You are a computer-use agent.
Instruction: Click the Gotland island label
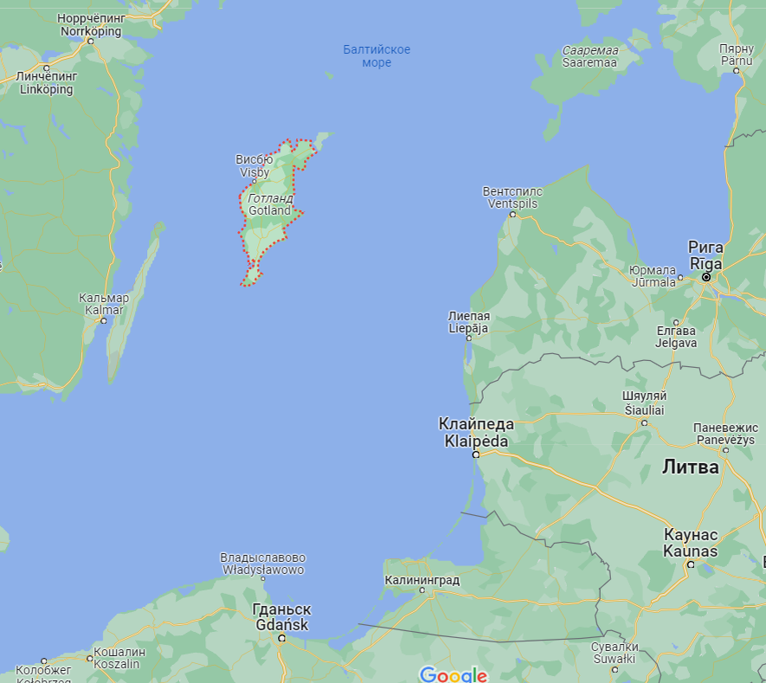269,204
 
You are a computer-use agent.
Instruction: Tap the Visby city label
254,165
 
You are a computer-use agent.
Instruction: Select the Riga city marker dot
706,278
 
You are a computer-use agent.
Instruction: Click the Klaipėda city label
476,432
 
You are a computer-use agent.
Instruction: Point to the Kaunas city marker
691,564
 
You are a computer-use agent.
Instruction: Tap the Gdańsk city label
280,617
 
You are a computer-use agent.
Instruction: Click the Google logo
453,674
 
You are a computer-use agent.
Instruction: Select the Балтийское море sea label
377,56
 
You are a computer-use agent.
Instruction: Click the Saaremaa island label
589,56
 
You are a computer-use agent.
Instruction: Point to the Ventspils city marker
512,214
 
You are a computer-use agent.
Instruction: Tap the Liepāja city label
468,322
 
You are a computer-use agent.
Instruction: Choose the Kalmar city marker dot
103,320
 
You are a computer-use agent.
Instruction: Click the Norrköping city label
91,25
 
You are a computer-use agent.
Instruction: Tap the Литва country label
690,467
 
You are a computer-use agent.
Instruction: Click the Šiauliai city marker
644,422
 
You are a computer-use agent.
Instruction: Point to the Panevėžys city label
725,434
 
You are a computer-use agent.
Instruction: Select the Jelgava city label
676,337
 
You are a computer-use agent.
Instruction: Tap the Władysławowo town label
263,564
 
